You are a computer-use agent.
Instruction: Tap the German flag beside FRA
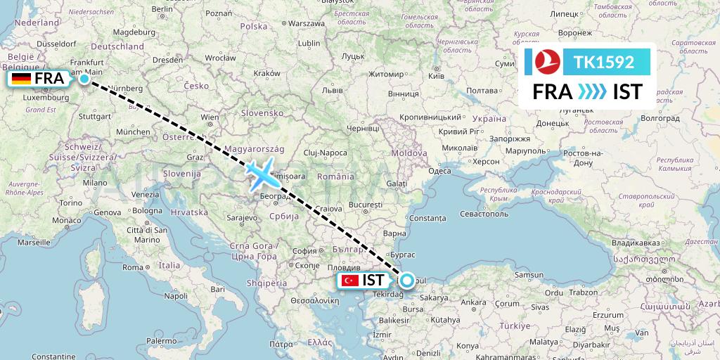point(21,79)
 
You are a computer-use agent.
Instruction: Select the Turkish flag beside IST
point(350,281)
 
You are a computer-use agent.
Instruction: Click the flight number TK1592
point(604,63)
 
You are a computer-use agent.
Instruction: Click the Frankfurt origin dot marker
point(85,79)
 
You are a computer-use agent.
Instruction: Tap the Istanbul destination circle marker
point(406,281)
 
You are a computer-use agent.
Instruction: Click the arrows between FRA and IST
point(591,91)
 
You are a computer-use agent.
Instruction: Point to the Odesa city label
point(439,171)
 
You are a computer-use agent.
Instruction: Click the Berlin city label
point(162,8)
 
